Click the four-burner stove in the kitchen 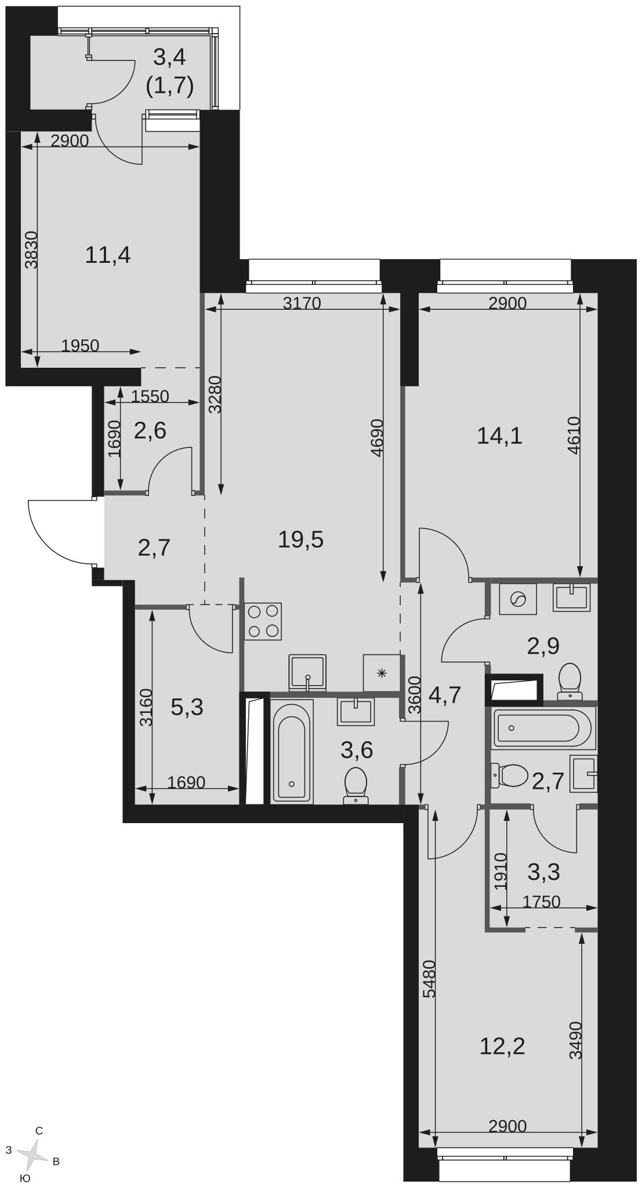click(263, 621)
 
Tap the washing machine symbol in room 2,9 click(518, 598)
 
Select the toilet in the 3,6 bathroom click(356, 786)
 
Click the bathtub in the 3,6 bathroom click(292, 751)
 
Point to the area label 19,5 click(300, 540)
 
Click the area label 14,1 click(499, 436)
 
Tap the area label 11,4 click(108, 255)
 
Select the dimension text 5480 click(430, 979)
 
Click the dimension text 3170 click(302, 303)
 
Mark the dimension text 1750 click(542, 901)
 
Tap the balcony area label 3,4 click(169, 57)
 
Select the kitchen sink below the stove click(307, 673)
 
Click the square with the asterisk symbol click(382, 673)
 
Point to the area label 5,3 click(187, 707)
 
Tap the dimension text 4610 click(574, 435)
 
